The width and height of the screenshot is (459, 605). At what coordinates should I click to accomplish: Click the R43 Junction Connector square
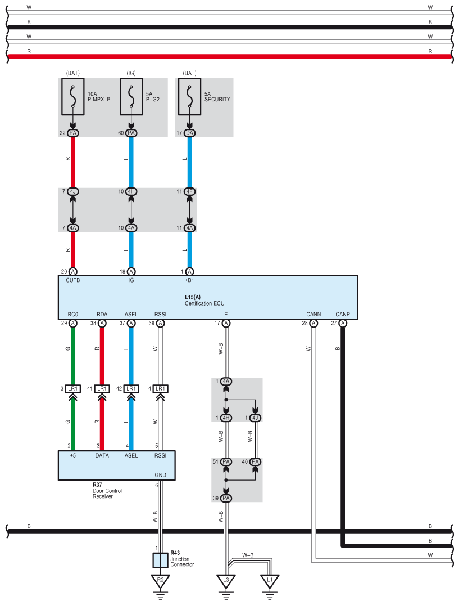pyautogui.click(x=161, y=561)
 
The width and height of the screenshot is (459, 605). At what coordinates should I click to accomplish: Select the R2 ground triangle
pyautogui.click(x=161, y=580)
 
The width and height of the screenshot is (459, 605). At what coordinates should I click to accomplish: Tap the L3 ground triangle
pyautogui.click(x=226, y=580)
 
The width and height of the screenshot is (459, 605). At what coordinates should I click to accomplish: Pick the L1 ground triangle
pyautogui.click(x=270, y=580)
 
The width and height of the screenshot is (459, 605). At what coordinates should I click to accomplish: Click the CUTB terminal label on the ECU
pyautogui.click(x=73, y=280)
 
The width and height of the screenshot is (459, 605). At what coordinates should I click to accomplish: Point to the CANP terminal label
pyautogui.click(x=342, y=314)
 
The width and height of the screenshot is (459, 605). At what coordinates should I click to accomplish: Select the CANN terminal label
pyautogui.click(x=313, y=314)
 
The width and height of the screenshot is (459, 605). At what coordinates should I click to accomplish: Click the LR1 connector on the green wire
pyautogui.click(x=72, y=388)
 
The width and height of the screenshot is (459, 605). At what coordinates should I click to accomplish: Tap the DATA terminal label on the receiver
pyautogui.click(x=102, y=455)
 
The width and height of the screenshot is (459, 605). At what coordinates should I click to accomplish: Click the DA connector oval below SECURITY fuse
pyautogui.click(x=189, y=133)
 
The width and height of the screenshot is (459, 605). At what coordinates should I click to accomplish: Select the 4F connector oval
pyautogui.click(x=189, y=192)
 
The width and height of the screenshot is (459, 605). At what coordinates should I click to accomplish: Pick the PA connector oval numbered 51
pyautogui.click(x=226, y=462)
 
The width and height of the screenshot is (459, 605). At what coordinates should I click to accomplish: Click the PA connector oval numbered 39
pyautogui.click(x=226, y=499)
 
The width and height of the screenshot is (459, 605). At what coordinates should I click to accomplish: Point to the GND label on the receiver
pyautogui.click(x=161, y=474)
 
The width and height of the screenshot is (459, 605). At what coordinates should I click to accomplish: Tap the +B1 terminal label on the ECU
pyautogui.click(x=189, y=280)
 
